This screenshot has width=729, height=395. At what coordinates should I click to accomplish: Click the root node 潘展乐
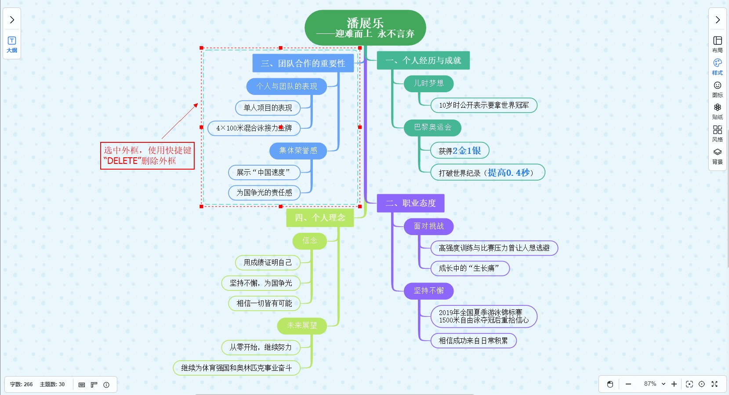coord(365,28)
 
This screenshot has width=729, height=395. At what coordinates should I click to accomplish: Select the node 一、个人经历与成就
coord(423,61)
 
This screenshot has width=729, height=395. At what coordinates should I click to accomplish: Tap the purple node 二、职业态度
coord(410,203)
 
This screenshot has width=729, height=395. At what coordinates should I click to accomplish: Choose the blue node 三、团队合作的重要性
coord(303,63)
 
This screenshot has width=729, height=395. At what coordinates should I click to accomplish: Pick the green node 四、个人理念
coord(319,217)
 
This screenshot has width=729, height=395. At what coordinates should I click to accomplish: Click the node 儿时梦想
coord(428,83)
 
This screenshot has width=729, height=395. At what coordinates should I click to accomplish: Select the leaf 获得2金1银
coord(460,151)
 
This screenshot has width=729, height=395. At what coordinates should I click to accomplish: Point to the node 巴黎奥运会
coord(432,127)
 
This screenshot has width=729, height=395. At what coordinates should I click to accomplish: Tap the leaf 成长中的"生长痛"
coord(469,268)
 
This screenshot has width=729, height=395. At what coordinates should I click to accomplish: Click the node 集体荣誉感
coord(298,151)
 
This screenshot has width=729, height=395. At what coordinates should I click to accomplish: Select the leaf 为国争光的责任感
coord(264,192)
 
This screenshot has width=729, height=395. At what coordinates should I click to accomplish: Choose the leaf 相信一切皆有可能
coord(264,303)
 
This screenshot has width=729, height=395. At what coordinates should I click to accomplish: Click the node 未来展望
coord(302,326)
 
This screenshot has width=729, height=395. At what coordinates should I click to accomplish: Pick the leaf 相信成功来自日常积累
coord(473,341)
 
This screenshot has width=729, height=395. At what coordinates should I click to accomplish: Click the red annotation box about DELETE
coord(147,156)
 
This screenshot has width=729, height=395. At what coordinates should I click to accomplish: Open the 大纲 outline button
coord(12,45)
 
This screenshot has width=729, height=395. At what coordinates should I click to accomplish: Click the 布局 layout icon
coord(717,44)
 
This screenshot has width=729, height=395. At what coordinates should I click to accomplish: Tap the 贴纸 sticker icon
coord(717,111)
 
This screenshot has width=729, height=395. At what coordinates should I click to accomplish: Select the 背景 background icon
coord(717,156)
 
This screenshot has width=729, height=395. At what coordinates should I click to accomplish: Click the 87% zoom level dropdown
coord(654,384)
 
